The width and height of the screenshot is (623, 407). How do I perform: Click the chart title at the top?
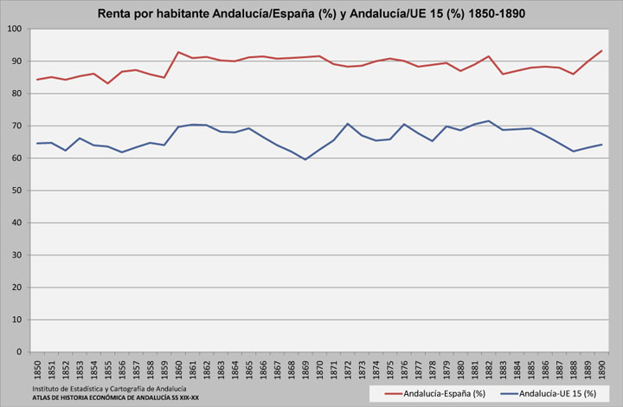[x=311, y=14]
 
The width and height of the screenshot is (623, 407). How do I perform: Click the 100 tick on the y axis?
[x=16, y=29]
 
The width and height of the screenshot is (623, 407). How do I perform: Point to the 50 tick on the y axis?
[x=17, y=191]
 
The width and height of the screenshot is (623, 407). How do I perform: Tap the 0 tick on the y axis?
[x=21, y=352]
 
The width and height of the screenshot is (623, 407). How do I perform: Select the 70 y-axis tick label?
[x=17, y=126]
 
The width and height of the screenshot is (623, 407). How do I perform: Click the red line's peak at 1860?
[x=178, y=52]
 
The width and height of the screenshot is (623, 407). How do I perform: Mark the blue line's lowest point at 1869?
[x=305, y=159]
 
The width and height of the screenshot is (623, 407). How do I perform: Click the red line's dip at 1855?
[x=107, y=83]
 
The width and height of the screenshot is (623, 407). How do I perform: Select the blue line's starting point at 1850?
[x=37, y=143]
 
